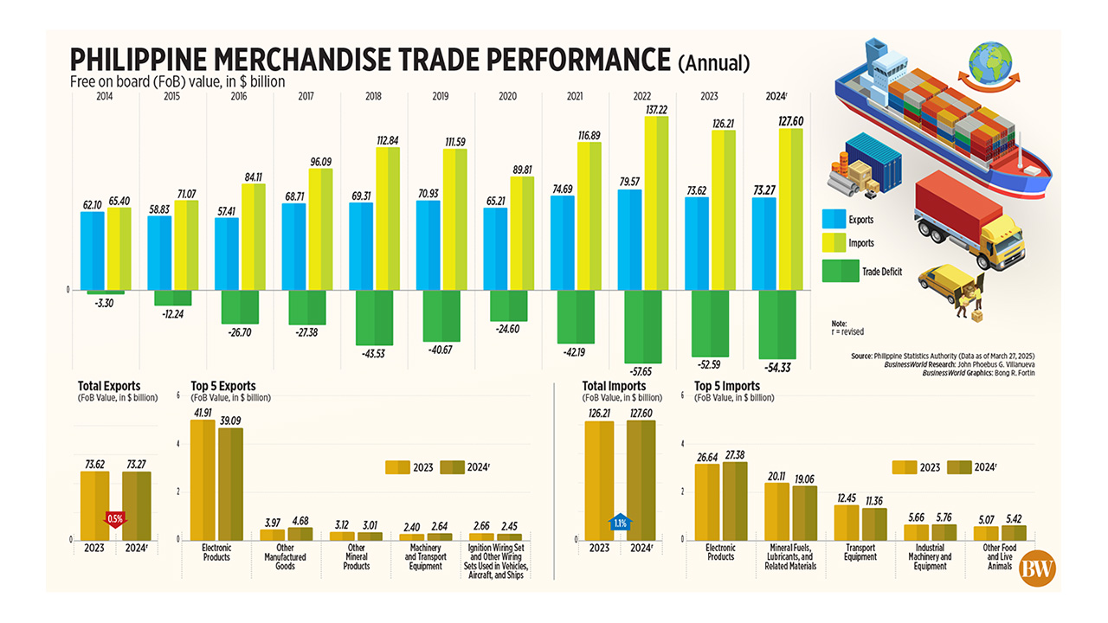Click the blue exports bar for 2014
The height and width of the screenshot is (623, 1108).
pyautogui.click(x=93, y=250)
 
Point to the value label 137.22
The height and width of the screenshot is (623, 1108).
pyautogui.click(x=654, y=108)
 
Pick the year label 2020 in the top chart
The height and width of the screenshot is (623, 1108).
pyautogui.click(x=508, y=96)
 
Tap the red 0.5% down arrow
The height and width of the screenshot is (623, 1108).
pyautogui.click(x=115, y=518)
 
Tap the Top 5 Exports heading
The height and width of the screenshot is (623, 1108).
pyautogui.click(x=223, y=386)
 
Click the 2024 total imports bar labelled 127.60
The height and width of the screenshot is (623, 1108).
pyautogui.click(x=641, y=479)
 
